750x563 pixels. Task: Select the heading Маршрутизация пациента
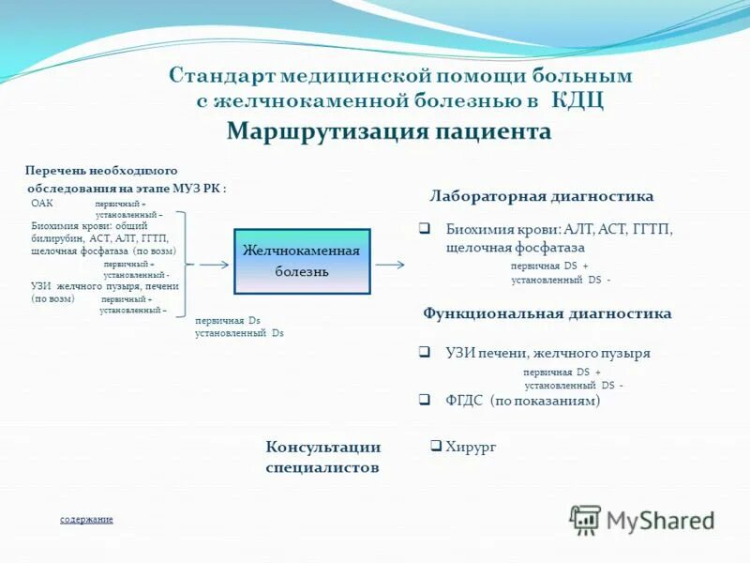(x=388, y=131)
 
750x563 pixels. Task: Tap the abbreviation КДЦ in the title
(x=576, y=100)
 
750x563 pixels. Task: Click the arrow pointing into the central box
(x=214, y=265)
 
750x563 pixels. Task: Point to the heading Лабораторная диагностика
(x=541, y=196)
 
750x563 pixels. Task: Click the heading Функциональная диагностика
(x=547, y=313)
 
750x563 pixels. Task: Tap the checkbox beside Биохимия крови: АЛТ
(x=425, y=228)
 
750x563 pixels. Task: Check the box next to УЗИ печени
(x=425, y=353)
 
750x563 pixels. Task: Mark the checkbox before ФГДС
(x=425, y=399)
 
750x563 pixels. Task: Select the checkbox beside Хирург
(x=436, y=447)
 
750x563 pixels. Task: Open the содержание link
(x=86, y=519)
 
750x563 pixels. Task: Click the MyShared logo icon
(x=585, y=519)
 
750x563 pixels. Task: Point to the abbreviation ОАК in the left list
(x=42, y=203)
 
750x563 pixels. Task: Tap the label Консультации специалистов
(x=322, y=457)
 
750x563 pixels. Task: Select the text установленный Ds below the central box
(x=239, y=333)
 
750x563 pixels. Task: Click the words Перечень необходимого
(x=100, y=171)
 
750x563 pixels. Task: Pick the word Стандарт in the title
(x=214, y=76)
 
